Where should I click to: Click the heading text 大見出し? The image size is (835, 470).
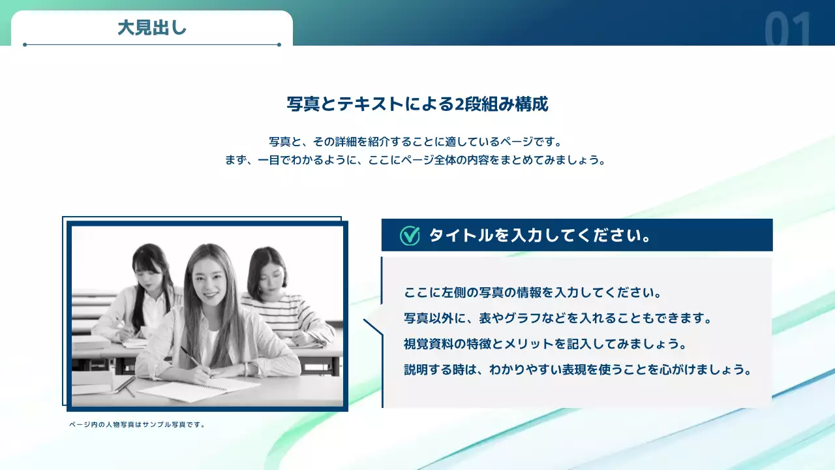tap(152, 27)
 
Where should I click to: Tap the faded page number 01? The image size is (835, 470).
tap(789, 30)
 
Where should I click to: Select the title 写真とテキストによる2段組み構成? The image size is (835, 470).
tap(417, 104)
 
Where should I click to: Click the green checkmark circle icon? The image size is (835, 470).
tap(410, 236)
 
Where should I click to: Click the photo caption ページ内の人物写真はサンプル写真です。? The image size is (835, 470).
tap(138, 424)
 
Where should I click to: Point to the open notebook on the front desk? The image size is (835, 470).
tap(196, 389)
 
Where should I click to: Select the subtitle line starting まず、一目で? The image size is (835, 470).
tap(416, 160)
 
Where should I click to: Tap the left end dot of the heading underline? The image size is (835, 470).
tap(25, 45)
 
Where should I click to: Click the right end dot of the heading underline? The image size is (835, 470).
tap(279, 45)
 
